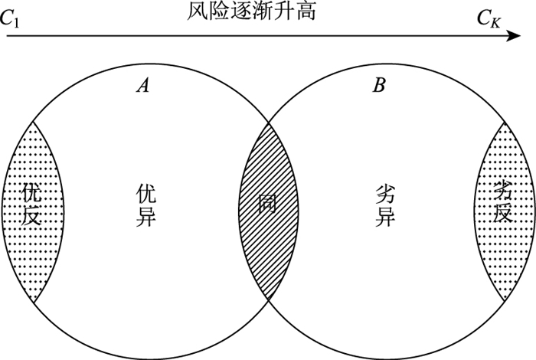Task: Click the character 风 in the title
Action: coord(197,11)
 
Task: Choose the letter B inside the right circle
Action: coord(378,85)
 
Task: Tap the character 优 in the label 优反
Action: coord(31,191)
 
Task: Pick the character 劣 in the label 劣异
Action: coord(386,191)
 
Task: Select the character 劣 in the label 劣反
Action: coord(502,189)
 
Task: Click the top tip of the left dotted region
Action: coord(34,121)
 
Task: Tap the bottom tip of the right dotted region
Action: coord(502,301)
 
